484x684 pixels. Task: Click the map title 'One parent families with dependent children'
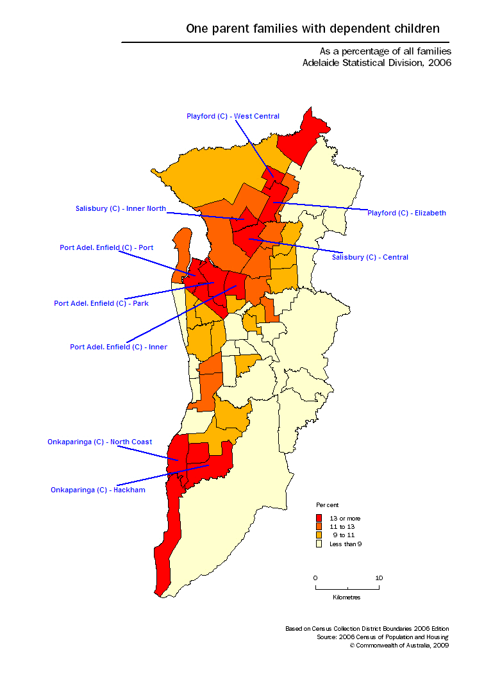point(313,28)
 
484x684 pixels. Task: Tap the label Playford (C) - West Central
point(233,116)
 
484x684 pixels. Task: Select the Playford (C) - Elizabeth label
point(406,213)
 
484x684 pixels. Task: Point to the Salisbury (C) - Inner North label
point(121,208)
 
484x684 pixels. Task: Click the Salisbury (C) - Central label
point(370,257)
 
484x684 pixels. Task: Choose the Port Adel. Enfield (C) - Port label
point(106,247)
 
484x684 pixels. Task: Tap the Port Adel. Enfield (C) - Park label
point(101,303)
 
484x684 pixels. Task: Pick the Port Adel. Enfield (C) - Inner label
point(119,347)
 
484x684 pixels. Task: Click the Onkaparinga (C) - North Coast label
point(99,442)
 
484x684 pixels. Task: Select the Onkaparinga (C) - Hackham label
point(98,490)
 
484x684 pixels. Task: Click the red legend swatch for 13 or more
point(319,517)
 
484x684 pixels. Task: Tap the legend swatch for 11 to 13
point(319,526)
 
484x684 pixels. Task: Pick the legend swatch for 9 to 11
point(319,535)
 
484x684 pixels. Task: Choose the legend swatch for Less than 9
point(319,544)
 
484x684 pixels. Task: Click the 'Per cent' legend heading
point(328,505)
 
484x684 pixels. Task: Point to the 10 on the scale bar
point(379,578)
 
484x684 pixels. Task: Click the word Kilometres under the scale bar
point(347,597)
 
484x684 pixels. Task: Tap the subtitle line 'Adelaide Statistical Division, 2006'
point(377,63)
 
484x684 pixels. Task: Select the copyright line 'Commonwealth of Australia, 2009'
point(402,646)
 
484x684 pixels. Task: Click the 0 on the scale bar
point(315,578)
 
